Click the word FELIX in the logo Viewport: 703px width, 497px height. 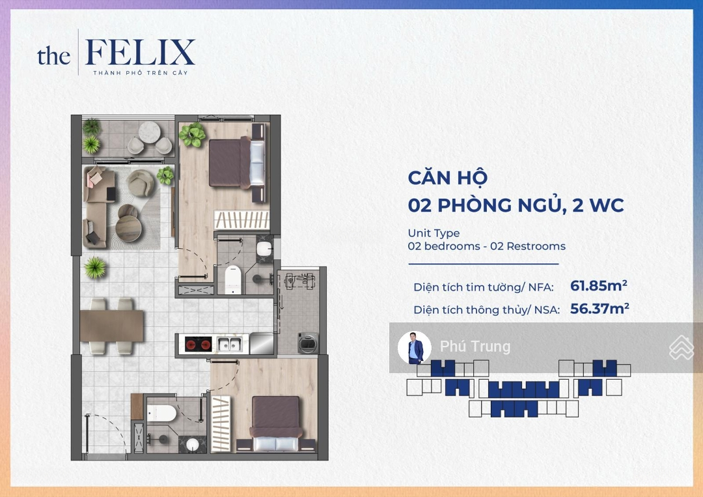tap(140, 53)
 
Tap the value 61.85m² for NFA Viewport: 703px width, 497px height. tap(599, 285)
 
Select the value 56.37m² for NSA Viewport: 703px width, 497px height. tap(600, 309)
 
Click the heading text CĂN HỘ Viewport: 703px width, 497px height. tap(447, 177)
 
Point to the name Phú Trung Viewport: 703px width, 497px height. tap(475, 347)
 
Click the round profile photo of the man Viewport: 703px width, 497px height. tap(414, 348)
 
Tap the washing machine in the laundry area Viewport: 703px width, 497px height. tap(308, 343)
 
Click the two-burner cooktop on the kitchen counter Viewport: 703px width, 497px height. tap(198, 345)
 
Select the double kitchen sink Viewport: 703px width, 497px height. tap(230, 345)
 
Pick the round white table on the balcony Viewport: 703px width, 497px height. tap(149, 132)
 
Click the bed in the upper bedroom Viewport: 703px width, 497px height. tap(238, 163)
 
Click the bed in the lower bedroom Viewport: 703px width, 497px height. tap(276, 423)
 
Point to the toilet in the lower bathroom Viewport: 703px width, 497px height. tap(161, 413)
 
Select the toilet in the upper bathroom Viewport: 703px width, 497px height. tap(232, 279)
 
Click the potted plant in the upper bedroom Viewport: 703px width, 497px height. tap(192, 135)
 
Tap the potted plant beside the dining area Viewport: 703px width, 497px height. tap(95, 267)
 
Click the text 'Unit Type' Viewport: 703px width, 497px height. tap(434, 233)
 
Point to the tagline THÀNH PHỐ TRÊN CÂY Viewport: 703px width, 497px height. tap(141, 73)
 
